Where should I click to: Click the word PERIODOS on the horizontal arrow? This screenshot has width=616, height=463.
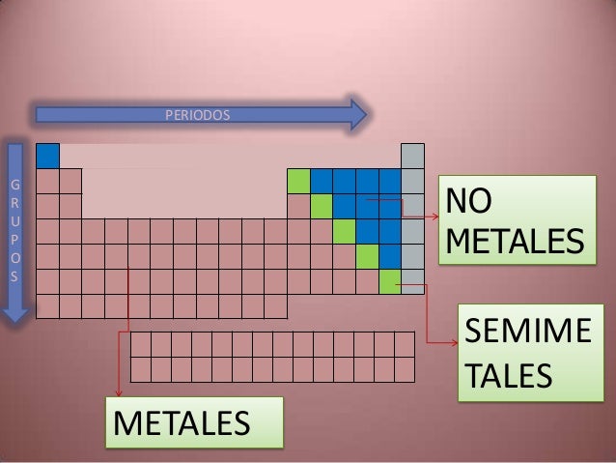coord(198,116)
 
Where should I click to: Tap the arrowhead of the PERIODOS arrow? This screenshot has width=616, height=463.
coord(357,115)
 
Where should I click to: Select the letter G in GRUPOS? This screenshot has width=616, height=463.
coord(14,185)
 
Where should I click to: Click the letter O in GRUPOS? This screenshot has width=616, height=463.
coord(14,259)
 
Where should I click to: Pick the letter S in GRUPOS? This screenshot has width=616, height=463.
coord(14,277)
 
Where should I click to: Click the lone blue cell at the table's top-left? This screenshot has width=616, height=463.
coord(47,156)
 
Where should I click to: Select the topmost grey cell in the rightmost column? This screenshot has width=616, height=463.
coord(412,156)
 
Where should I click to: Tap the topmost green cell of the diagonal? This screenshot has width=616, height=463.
coord(298,181)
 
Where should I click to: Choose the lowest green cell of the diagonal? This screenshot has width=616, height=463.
coord(390,281)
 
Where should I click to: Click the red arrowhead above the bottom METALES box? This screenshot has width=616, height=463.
coord(119,391)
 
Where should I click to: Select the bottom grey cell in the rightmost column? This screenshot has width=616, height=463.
coord(412,281)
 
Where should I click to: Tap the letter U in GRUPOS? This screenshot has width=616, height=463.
coord(14,222)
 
